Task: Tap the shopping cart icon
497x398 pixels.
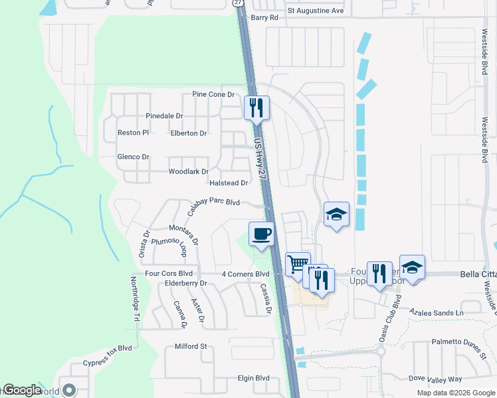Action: click(298, 263)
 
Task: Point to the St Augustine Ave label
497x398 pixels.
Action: click(316, 11)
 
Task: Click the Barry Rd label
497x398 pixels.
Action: click(264, 18)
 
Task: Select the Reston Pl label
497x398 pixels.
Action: click(134, 133)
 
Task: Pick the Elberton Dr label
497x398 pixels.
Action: click(189, 133)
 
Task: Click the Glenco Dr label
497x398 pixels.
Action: click(133, 157)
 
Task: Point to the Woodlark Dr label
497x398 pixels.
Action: click(189, 172)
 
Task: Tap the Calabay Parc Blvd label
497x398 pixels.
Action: click(213, 205)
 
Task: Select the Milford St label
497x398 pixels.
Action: click(191, 346)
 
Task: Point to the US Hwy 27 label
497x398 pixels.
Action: click(261, 160)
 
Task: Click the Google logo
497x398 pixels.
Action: click(22, 390)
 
